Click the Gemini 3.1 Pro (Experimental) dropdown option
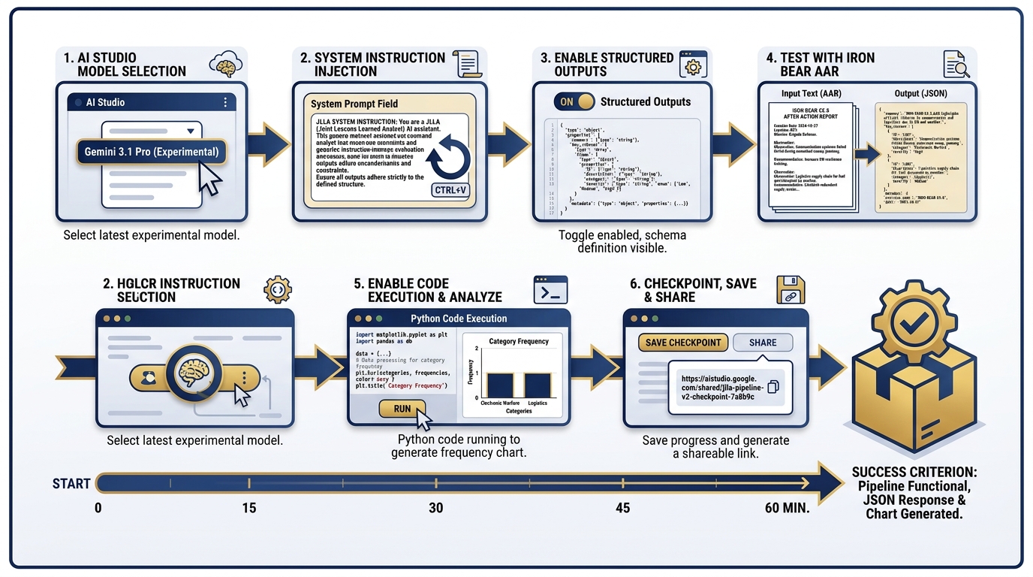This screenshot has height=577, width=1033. [x=151, y=151]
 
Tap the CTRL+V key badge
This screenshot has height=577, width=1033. [x=450, y=190]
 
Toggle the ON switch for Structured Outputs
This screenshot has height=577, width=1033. [x=574, y=101]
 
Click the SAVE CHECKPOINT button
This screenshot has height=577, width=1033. [x=682, y=343]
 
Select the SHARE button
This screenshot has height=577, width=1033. [x=763, y=343]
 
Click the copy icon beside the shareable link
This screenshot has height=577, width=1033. [x=772, y=386]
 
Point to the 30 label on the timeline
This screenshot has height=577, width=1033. [x=436, y=508]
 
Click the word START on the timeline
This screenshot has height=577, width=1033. [x=71, y=483]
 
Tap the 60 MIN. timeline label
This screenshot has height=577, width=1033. [x=787, y=508]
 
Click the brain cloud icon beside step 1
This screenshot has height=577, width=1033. [x=225, y=65]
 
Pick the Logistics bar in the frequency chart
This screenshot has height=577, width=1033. [x=538, y=385]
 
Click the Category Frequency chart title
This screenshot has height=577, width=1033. [x=519, y=341]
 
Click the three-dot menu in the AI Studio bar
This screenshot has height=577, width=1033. [x=225, y=102]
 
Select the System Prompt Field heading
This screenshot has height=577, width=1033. [x=354, y=104]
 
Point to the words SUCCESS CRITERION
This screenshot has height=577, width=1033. [x=914, y=473]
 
